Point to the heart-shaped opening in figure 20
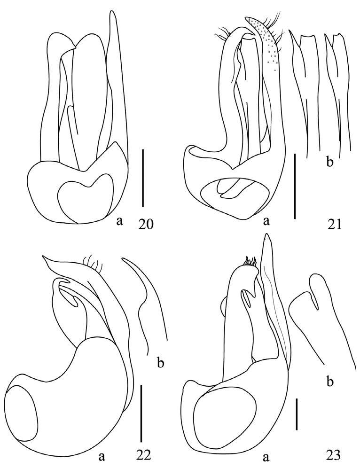click(x=85, y=195)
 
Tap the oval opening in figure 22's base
click(x=24, y=413)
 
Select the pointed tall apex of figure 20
click(x=112, y=14)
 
